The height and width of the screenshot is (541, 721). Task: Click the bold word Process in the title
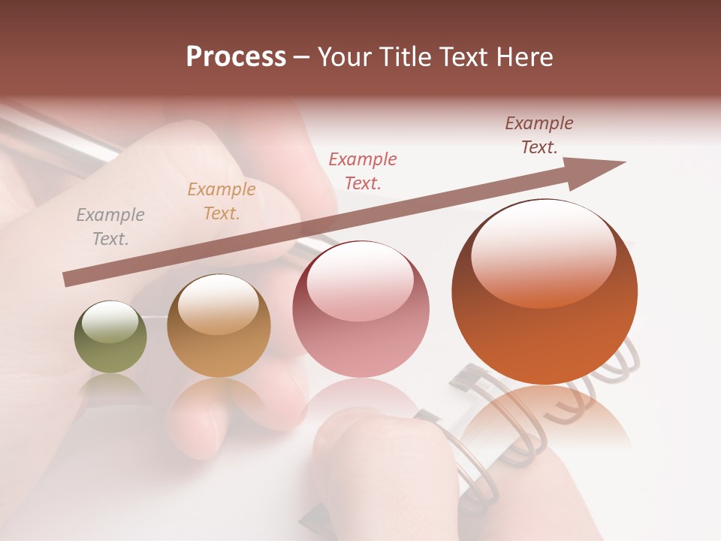tap(236, 57)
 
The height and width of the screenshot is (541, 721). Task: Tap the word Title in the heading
tap(403, 57)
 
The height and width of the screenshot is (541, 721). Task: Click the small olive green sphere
tap(110, 337)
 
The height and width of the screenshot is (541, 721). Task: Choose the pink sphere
tap(360, 310)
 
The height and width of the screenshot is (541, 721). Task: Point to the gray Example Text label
tap(110, 227)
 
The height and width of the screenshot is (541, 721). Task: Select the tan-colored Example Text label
tap(221, 201)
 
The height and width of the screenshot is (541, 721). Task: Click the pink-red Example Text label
tap(362, 171)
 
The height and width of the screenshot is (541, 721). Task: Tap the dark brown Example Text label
tap(538, 135)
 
